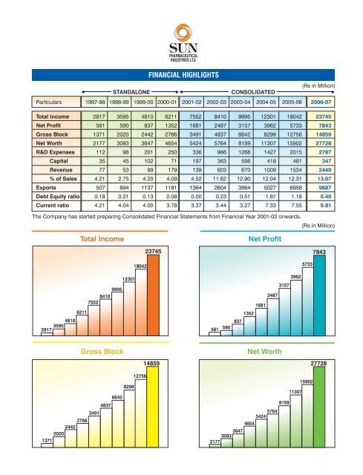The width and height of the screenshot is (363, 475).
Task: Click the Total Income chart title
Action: pos(102,239)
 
